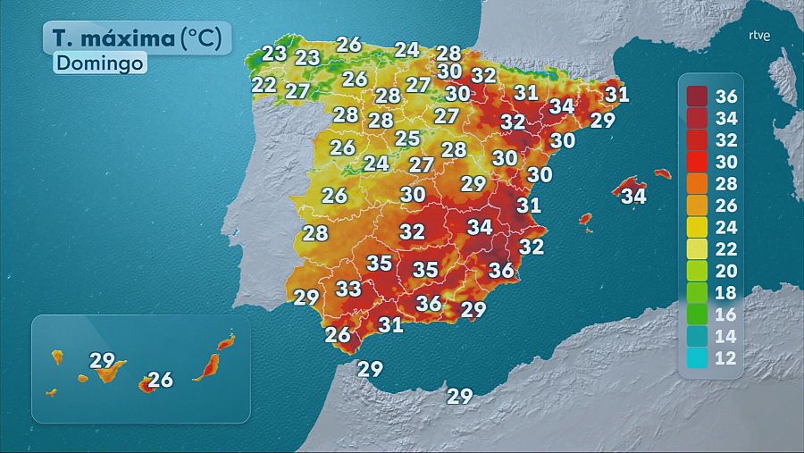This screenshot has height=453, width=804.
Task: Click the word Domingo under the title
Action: coord(99,63)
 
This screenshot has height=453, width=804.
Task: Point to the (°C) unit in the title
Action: coord(205,38)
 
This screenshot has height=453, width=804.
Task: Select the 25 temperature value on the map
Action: coord(407,138)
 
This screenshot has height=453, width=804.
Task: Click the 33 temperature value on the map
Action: coord(348,289)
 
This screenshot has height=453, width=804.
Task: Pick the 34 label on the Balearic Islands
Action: coord(633,195)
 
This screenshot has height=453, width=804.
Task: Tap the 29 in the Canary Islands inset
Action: coord(103,361)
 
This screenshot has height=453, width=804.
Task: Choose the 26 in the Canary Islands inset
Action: coord(160,380)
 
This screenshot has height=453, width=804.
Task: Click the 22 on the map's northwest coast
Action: coord(264,85)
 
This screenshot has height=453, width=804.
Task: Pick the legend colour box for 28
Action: coord(698,184)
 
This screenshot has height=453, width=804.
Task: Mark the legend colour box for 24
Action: coord(698,227)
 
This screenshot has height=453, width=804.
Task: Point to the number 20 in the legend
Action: coord(728,271)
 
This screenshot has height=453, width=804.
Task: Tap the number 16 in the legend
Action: coord(728,315)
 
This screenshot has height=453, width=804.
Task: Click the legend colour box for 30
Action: coord(698,162)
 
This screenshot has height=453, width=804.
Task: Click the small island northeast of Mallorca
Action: coord(662,173)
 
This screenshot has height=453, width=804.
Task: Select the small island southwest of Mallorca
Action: coord(586,218)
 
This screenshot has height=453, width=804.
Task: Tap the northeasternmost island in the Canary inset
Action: coord(227,340)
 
